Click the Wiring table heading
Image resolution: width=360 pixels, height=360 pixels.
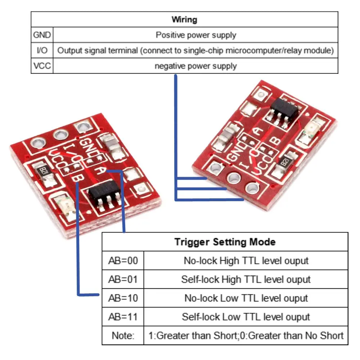click(x=184, y=19)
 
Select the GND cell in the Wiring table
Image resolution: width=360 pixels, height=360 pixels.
click(x=42, y=35)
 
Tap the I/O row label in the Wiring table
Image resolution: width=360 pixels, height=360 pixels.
click(x=42, y=50)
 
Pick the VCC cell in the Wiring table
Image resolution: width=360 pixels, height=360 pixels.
click(x=42, y=66)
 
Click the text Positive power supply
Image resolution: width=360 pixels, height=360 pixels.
click(x=196, y=35)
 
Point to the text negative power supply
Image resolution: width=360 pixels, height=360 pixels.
click(x=196, y=66)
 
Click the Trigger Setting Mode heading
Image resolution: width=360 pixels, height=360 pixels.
click(x=225, y=242)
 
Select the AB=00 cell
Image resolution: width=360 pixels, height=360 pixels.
click(x=123, y=261)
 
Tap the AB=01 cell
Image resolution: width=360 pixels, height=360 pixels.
click(x=123, y=279)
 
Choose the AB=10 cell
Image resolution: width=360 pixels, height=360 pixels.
click(x=123, y=298)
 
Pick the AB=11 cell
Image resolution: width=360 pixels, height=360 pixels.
click(x=123, y=317)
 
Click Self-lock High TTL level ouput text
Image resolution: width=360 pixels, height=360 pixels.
click(x=246, y=279)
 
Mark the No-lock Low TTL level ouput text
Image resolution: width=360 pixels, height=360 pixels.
click(x=246, y=298)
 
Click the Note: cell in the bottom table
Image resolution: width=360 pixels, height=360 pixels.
click(x=123, y=336)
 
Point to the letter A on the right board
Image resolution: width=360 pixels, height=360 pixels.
click(x=258, y=131)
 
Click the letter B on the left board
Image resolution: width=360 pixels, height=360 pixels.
click(x=76, y=178)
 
